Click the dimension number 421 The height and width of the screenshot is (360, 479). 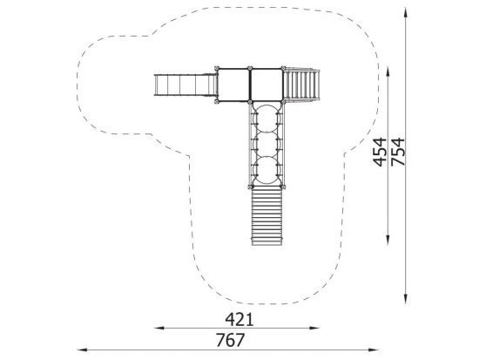click(x=239, y=320)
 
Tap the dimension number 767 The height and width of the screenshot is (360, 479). click(x=230, y=340)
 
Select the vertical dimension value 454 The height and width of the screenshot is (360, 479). click(x=380, y=152)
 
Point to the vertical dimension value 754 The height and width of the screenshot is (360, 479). click(x=398, y=152)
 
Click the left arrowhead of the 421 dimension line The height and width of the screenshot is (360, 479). click(x=159, y=329)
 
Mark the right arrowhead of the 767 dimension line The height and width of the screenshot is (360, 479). click(x=374, y=350)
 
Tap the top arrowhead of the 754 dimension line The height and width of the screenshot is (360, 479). click(x=405, y=13)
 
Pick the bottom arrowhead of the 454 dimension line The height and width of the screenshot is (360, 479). click(x=388, y=240)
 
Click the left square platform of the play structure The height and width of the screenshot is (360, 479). click(x=233, y=85)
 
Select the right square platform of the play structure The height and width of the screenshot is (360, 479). click(x=266, y=85)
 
